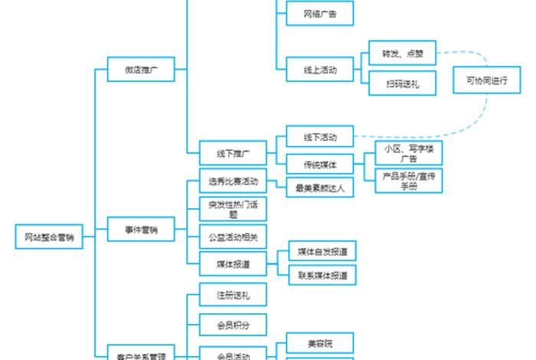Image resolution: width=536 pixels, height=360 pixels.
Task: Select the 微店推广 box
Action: click(x=141, y=69)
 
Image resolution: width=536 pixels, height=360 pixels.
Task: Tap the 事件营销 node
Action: click(x=141, y=229)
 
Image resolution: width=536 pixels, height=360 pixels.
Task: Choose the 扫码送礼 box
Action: click(x=403, y=83)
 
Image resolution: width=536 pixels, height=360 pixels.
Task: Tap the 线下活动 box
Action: click(x=319, y=137)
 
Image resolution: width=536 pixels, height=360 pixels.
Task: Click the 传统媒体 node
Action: click(x=319, y=164)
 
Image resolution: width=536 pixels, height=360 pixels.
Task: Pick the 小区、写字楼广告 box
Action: click(x=409, y=153)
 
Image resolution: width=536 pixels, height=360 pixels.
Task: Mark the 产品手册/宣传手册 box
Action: click(x=409, y=181)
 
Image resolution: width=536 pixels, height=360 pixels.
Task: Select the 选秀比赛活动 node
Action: click(x=233, y=182)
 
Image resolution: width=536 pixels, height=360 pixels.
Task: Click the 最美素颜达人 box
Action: click(x=319, y=187)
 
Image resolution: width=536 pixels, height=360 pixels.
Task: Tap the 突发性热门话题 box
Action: click(x=233, y=209)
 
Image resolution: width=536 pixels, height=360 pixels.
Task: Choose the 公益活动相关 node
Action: click(x=233, y=237)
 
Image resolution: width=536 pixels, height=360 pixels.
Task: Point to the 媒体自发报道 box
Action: click(x=322, y=250)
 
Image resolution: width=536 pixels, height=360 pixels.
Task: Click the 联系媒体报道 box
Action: click(x=322, y=274)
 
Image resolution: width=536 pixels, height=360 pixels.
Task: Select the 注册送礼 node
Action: click(x=233, y=295)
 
